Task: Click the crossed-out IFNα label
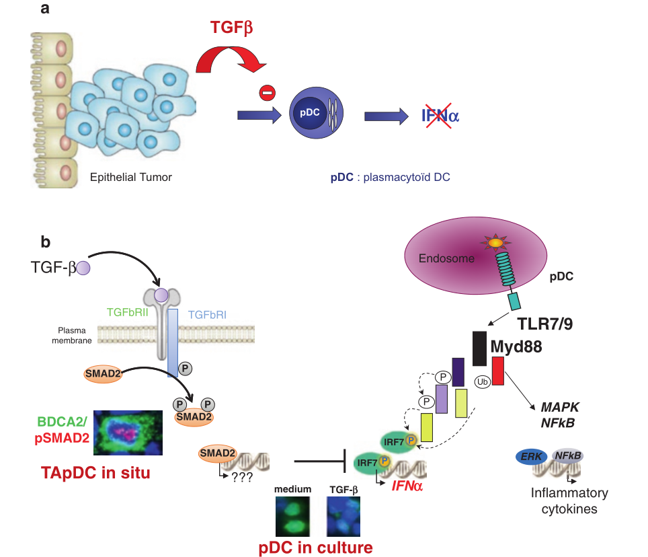(x=440, y=116)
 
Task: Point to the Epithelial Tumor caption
(x=131, y=178)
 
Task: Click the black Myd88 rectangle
(x=479, y=348)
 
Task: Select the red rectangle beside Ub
(x=498, y=371)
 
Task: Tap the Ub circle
(x=481, y=381)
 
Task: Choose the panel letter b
(x=45, y=241)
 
